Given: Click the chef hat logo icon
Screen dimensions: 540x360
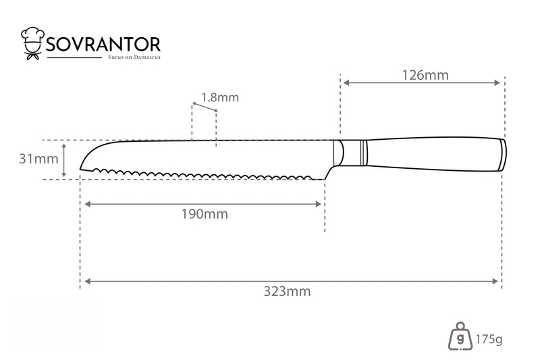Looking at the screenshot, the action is point(32,43).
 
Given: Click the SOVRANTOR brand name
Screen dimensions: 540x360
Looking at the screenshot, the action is point(103,45).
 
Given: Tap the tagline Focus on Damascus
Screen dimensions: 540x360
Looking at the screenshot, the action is point(134,57).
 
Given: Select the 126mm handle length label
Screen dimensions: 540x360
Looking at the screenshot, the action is point(426,75).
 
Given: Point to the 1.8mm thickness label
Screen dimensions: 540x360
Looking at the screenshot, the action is point(220,97).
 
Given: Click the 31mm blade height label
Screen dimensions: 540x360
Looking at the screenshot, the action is point(38,159).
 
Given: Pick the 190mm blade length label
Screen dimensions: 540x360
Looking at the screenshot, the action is point(205,214).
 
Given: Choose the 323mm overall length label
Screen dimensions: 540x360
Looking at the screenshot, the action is point(288,292).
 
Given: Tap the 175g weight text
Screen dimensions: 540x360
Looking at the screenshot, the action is point(489,339).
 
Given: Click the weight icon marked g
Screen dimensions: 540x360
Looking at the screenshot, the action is point(460,337).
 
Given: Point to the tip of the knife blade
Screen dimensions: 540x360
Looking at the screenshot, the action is point(80,169).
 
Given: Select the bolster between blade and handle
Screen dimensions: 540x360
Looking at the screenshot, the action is point(350,153).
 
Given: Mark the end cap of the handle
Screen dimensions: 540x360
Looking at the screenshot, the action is point(503,155).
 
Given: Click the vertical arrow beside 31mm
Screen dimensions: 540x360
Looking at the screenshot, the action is point(63,160).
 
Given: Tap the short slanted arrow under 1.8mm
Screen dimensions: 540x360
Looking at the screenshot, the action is point(205,107).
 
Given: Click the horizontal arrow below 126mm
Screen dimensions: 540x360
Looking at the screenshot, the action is point(422,82).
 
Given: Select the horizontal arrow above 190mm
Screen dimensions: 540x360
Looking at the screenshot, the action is point(203,204).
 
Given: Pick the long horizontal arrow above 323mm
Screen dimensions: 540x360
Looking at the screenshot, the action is point(292,282).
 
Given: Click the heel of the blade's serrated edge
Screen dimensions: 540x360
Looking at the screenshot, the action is point(325,179).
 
